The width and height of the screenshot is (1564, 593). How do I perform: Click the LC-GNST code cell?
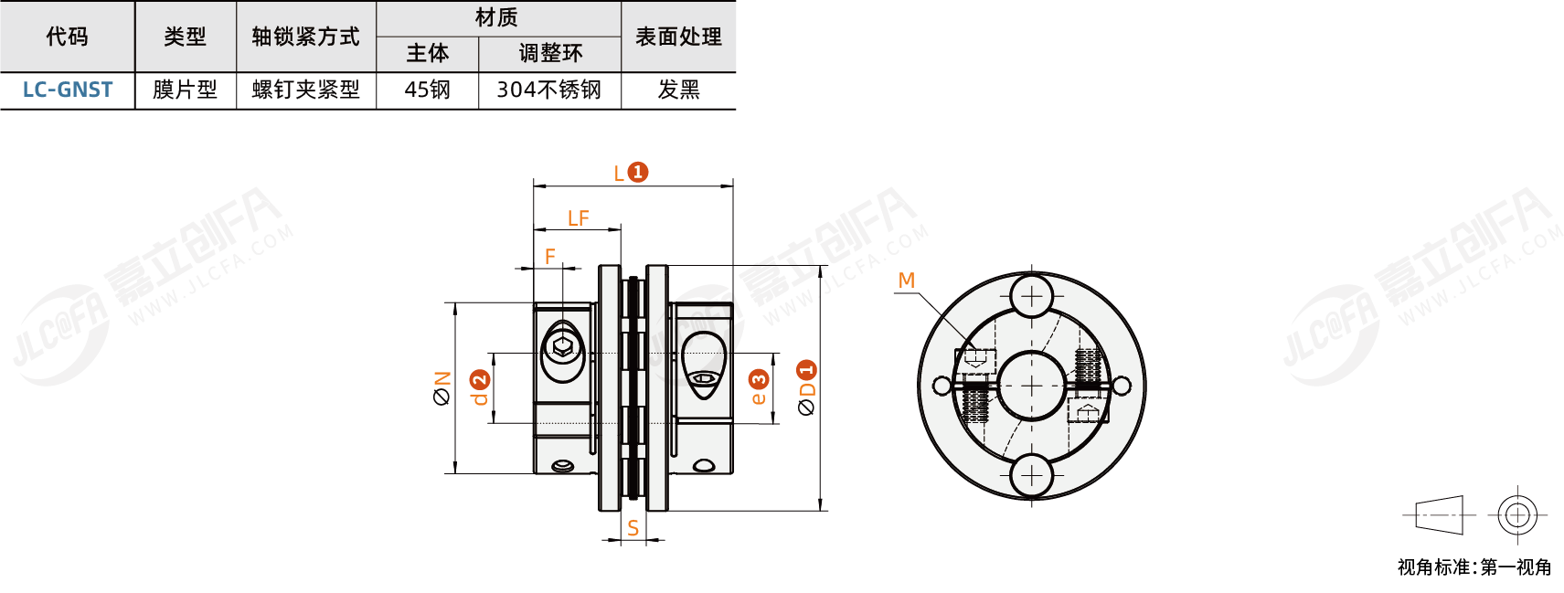tap(68, 90)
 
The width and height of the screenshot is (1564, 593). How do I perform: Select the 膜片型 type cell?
tap(185, 90)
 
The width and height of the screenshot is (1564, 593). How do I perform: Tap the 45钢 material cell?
tap(427, 90)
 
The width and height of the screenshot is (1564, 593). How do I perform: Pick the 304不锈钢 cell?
tap(548, 90)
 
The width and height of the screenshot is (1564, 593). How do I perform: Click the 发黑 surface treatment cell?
tap(678, 90)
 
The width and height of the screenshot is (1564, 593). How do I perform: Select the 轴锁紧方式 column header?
tap(305, 37)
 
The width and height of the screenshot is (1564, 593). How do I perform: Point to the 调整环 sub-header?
tap(549, 53)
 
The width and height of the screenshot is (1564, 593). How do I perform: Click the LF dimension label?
tap(578, 218)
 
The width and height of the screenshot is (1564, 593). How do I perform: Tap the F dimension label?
tap(550, 257)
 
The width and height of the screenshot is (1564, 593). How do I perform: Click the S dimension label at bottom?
tap(633, 528)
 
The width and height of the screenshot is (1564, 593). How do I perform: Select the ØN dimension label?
tap(442, 388)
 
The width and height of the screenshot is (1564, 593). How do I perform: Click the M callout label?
tap(906, 281)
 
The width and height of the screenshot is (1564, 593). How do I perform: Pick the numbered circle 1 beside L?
tap(638, 172)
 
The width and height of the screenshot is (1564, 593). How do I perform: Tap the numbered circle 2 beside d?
tap(480, 380)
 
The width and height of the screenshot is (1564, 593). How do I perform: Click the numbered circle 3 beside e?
tap(759, 379)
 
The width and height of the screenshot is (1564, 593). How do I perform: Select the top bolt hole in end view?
tap(1031, 296)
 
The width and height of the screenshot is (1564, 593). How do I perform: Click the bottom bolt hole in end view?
tap(1031, 475)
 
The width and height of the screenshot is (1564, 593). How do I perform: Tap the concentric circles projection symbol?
tap(1517, 515)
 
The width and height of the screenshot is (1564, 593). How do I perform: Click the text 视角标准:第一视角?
tap(1474, 567)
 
